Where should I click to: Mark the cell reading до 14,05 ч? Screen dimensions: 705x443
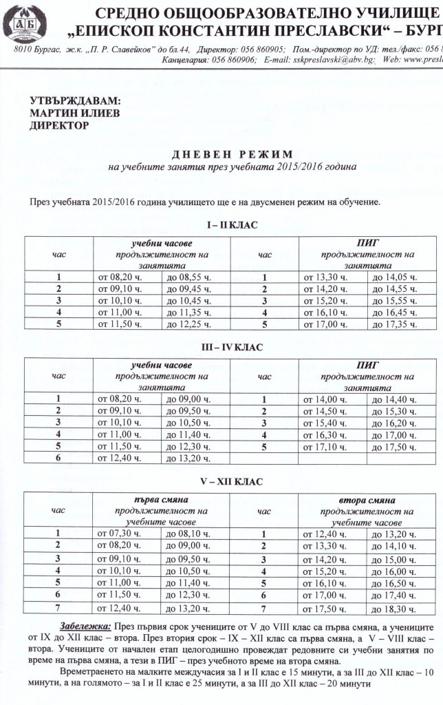(393, 277)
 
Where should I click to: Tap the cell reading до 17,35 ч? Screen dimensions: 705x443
(393, 324)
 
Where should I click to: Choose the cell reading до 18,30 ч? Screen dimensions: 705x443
(393, 609)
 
